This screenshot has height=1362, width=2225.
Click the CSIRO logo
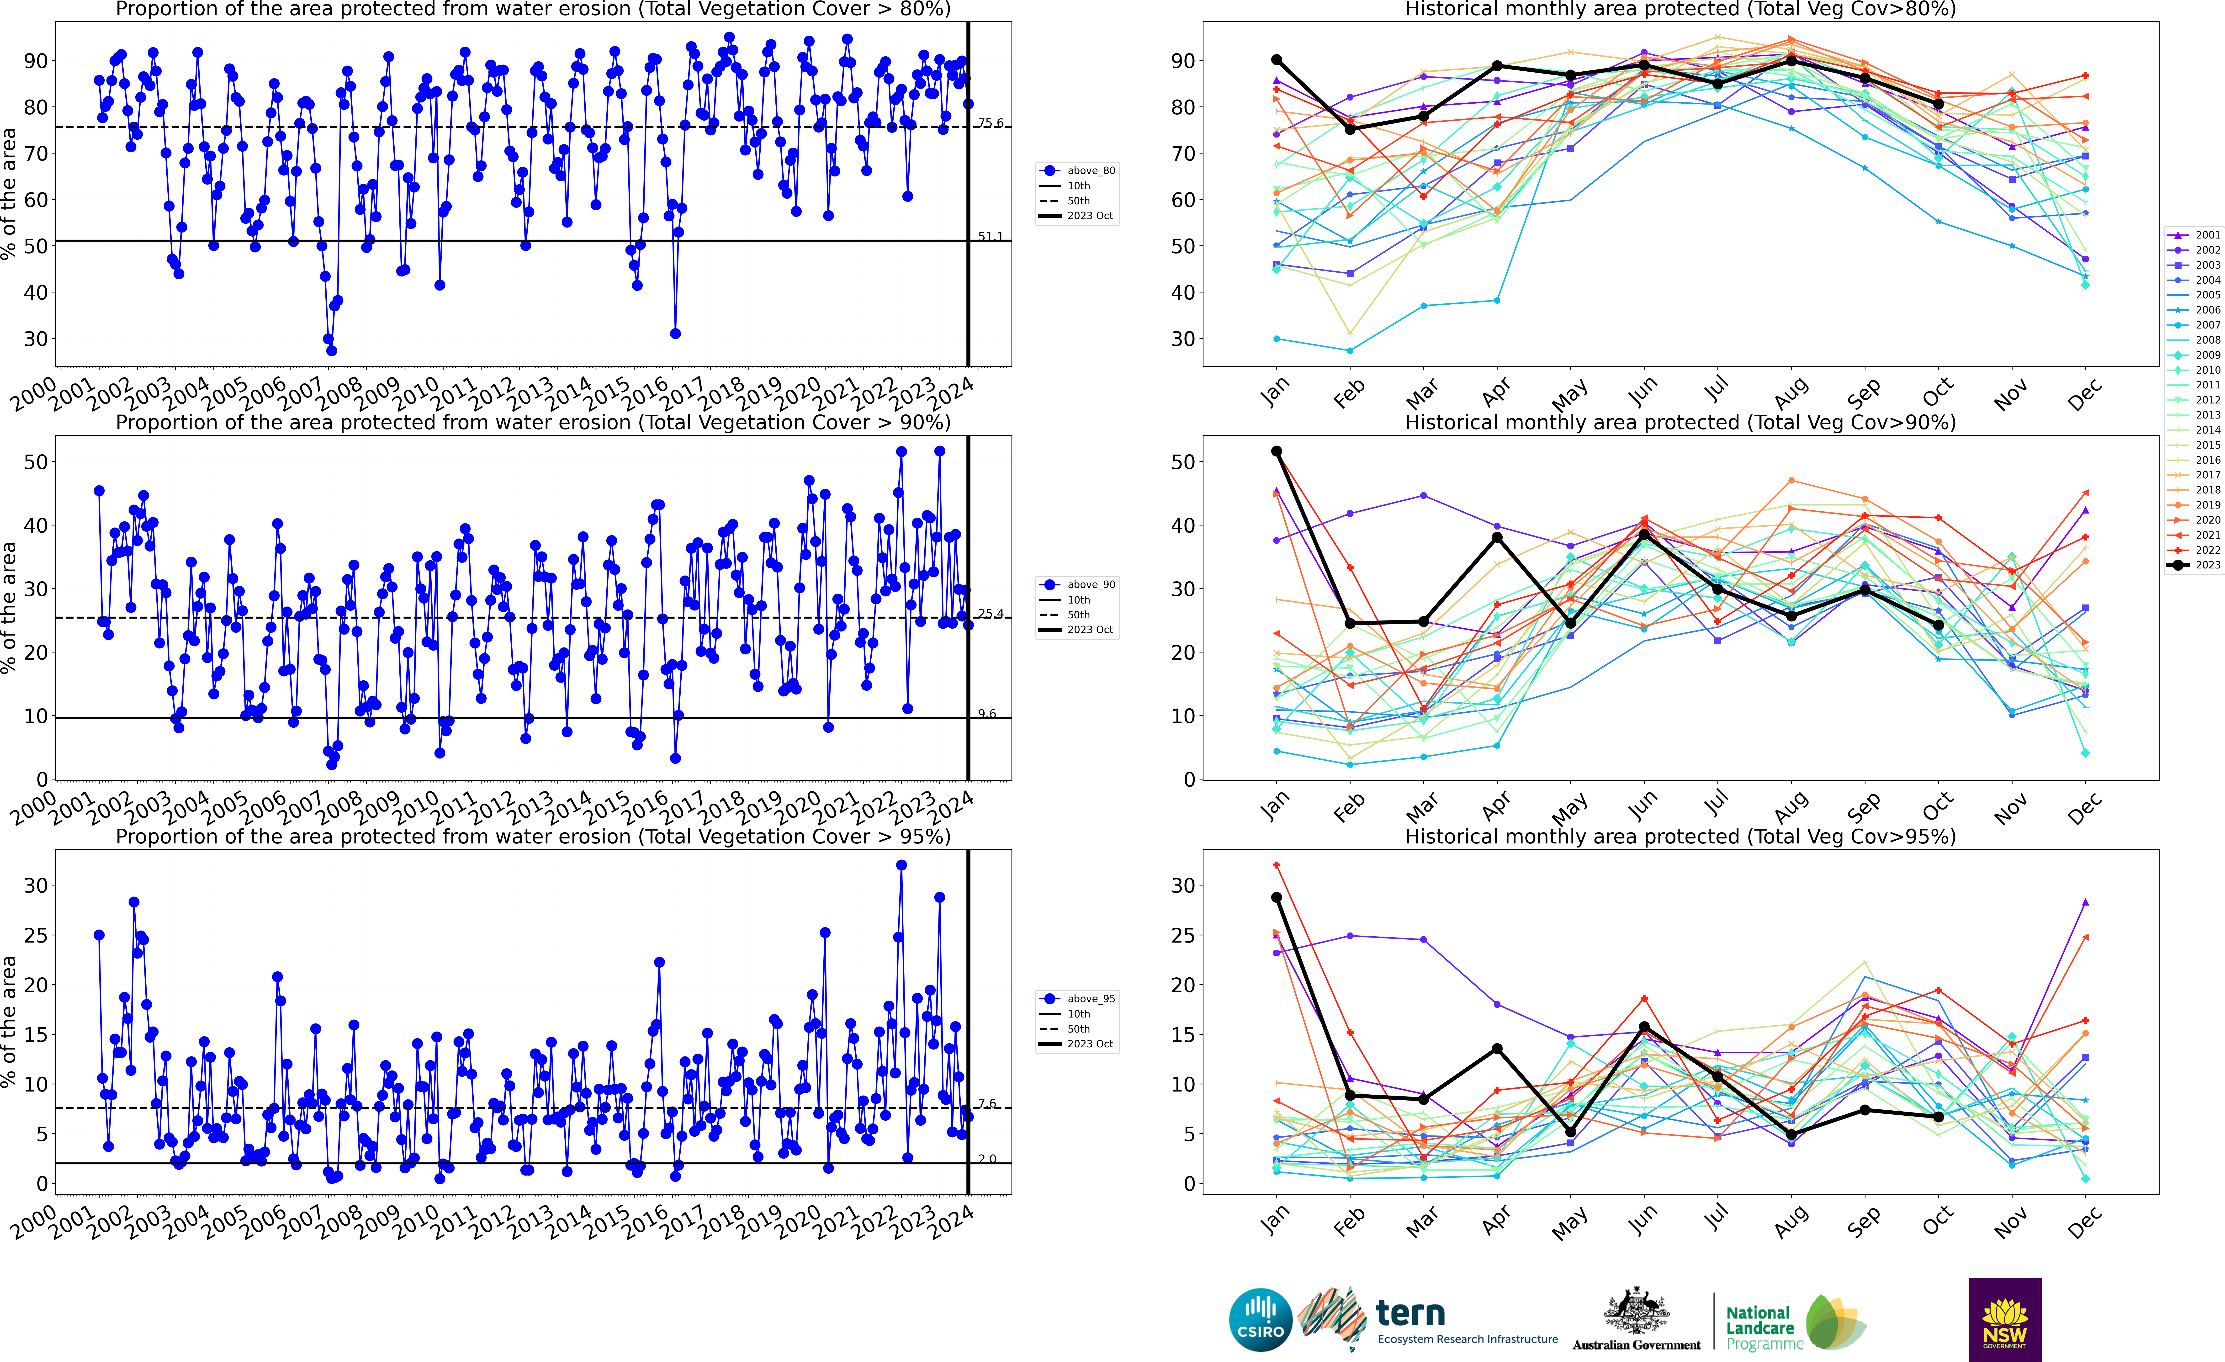pyautogui.click(x=1261, y=1320)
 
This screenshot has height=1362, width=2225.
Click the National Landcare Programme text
pyautogui.click(x=1757, y=1328)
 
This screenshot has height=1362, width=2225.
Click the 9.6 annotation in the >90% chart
pyautogui.click(x=987, y=714)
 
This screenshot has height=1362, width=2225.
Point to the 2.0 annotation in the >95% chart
pyautogui.click(x=987, y=1159)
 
